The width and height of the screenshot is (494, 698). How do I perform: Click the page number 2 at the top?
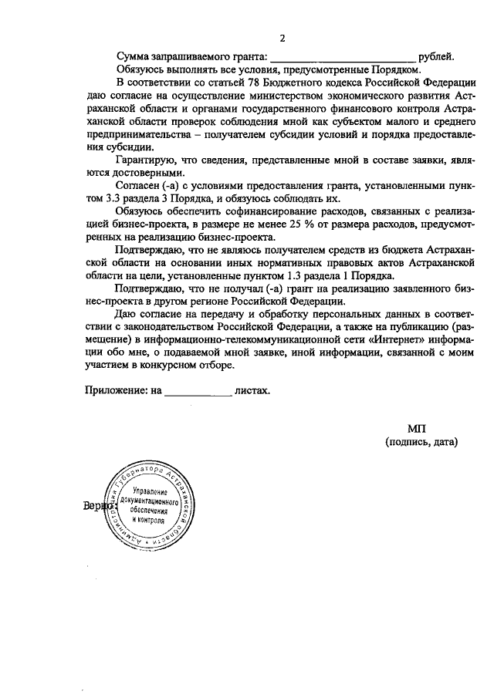tap(283, 39)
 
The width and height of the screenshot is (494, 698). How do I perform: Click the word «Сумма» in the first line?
tap(133, 57)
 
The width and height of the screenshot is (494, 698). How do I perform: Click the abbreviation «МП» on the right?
tap(416, 428)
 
